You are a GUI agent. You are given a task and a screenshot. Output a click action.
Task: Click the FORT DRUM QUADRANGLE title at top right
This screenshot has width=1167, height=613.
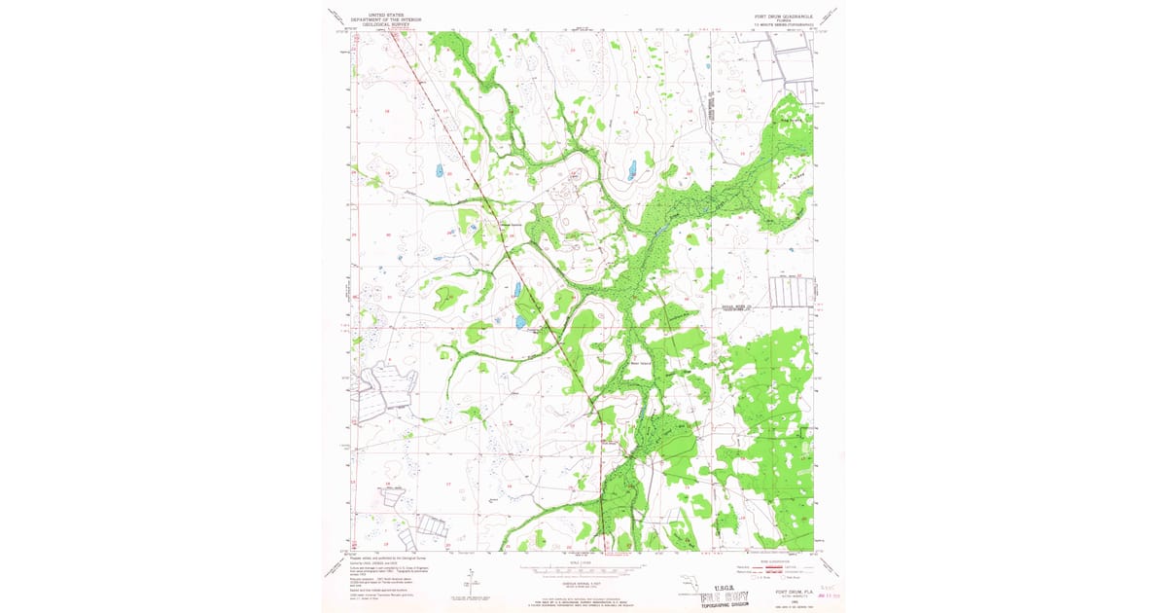click(x=782, y=16)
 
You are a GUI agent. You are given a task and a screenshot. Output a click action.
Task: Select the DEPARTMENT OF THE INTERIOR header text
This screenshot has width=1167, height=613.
click(x=382, y=20)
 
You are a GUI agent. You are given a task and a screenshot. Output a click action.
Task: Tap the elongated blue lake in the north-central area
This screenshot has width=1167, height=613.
click(x=632, y=170)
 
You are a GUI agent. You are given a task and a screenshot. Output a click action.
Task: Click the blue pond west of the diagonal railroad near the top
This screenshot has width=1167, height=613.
click(x=440, y=170)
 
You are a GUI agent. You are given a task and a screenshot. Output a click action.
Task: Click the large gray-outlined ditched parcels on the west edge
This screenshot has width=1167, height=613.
click(x=386, y=389)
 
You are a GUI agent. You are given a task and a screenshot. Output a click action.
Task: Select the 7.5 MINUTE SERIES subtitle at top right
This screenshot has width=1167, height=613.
click(x=782, y=25)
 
